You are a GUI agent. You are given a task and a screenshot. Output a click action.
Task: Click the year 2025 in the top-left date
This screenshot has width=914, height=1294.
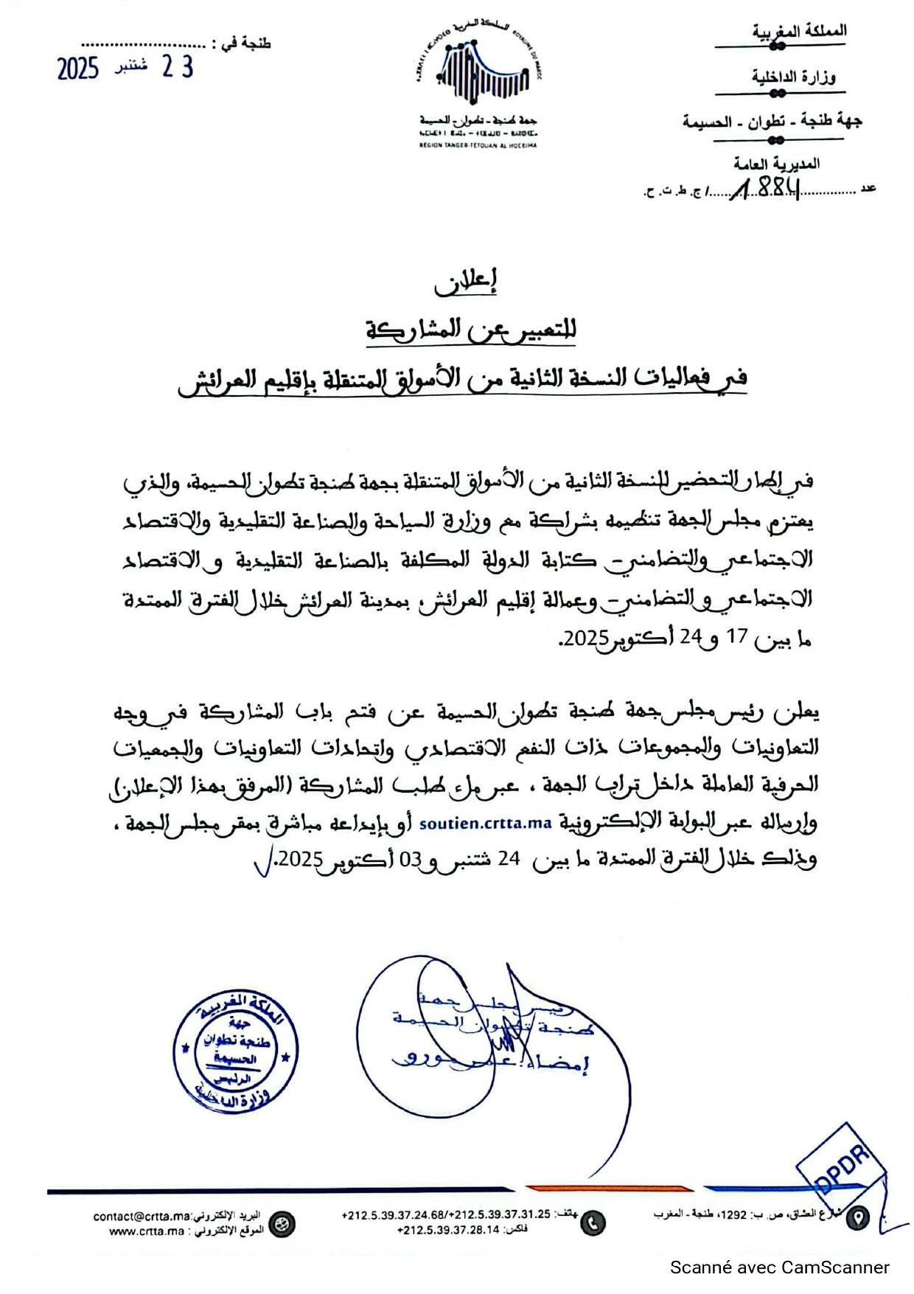78,69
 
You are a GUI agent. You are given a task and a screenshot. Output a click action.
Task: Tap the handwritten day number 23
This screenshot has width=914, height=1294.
178,67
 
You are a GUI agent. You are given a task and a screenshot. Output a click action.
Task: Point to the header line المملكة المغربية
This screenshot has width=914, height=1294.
799,32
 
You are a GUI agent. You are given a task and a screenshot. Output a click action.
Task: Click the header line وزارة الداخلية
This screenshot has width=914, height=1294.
793,77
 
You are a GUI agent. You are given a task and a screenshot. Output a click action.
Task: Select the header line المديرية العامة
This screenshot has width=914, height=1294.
775,164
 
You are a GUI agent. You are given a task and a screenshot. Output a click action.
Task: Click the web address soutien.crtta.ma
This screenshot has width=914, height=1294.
486,824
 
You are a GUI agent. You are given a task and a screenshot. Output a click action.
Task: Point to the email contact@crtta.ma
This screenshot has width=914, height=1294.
142,1216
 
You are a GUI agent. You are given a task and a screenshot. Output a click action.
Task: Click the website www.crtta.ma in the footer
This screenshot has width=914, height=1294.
147,1231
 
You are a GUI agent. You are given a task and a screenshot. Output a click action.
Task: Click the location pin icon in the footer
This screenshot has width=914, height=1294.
857,1218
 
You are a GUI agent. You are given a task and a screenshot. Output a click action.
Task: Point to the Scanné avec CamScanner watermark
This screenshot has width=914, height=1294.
779,1267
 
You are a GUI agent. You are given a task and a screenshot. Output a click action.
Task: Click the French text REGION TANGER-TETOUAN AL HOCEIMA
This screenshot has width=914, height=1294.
478,145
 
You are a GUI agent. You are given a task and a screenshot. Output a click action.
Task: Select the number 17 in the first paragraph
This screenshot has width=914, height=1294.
737,636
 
